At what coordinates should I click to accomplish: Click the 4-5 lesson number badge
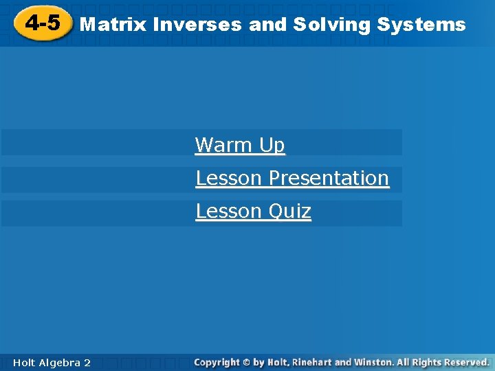point(42,24)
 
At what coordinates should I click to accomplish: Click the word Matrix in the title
point(113,25)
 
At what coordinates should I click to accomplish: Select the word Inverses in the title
point(197,25)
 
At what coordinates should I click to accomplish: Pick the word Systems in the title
point(421,25)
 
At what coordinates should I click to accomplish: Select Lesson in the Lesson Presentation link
point(229,178)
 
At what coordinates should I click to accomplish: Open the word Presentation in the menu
point(329,178)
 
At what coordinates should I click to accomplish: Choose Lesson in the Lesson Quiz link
point(229,211)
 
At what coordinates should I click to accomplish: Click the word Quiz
point(289,212)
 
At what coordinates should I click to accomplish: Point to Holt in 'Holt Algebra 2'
point(23,362)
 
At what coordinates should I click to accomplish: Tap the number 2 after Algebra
point(87,362)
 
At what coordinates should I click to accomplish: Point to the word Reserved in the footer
point(467,362)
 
